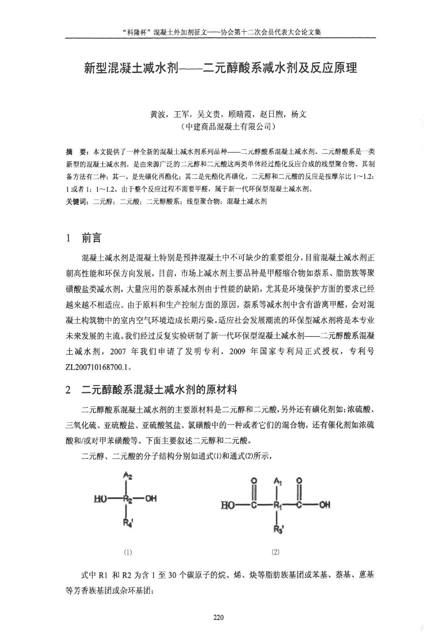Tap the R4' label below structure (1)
pyautogui.click(x=128, y=523)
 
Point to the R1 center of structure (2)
pyautogui.click(x=277, y=505)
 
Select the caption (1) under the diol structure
pyautogui.click(x=128, y=552)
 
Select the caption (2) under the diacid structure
pyautogui.click(x=275, y=552)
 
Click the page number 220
pyautogui.click(x=219, y=617)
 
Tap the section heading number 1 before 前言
pyautogui.click(x=68, y=239)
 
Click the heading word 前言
pyautogui.click(x=91, y=239)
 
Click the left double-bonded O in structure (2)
pyautogui.click(x=254, y=481)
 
